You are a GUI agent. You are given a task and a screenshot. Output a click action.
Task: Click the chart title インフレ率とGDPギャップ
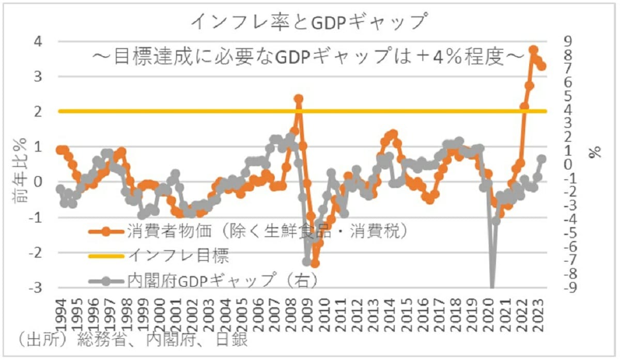pos(310,21)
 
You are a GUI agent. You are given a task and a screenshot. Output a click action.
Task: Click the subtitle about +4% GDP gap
pos(308,57)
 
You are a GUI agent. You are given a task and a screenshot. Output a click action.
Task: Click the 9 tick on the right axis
pos(566,41)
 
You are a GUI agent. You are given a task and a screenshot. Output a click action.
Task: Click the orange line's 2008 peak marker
pos(299,99)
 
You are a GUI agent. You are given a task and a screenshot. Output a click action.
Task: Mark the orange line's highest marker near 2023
pos(534,50)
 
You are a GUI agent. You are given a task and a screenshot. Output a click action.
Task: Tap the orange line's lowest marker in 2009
pos(315,263)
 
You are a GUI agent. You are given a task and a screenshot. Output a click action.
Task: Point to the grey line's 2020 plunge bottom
pos(492,287)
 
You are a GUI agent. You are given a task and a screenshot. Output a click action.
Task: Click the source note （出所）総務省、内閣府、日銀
pos(129,339)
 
